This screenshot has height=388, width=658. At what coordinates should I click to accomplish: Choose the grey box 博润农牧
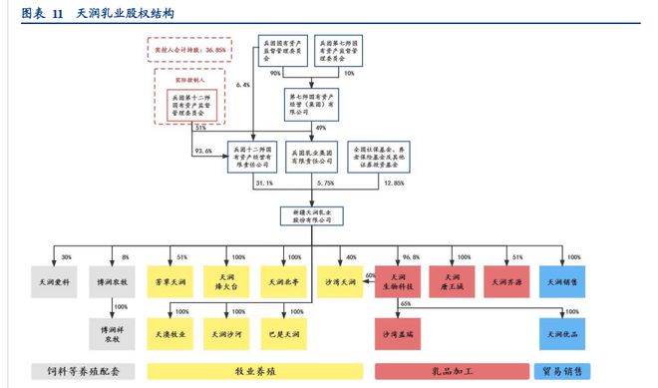[x=111, y=282]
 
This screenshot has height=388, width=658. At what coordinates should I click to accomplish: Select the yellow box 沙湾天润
[x=339, y=282]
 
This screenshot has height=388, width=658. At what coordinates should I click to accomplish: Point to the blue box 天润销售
[x=561, y=282]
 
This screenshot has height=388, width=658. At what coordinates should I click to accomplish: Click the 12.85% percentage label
[x=395, y=184]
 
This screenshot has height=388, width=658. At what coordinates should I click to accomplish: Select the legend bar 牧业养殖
[x=253, y=370]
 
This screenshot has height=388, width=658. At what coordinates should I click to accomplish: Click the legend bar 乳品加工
[x=449, y=370]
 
